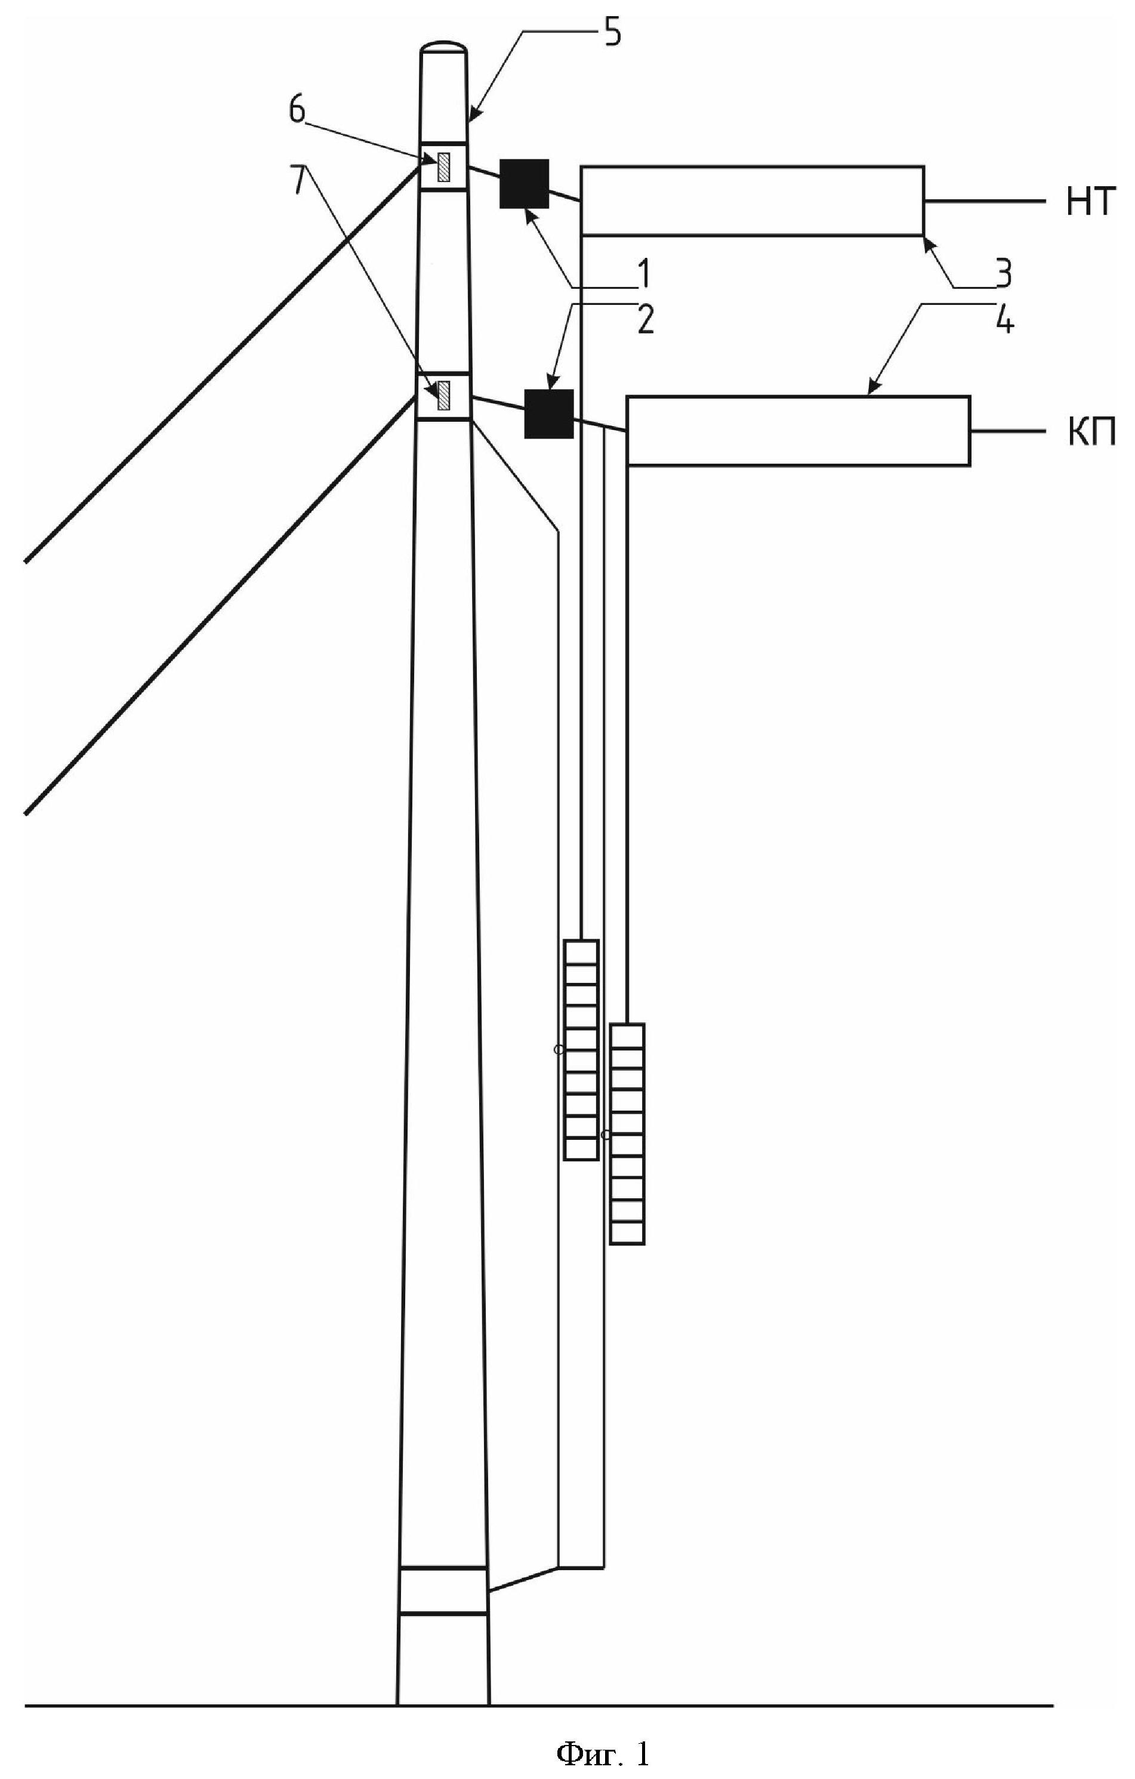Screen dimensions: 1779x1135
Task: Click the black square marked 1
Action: [x=524, y=183]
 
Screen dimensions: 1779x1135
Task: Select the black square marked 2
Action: [x=548, y=414]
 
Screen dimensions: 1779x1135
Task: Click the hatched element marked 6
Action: [x=443, y=167]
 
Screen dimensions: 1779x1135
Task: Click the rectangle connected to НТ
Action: [x=752, y=201]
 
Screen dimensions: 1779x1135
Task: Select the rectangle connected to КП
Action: [x=798, y=431]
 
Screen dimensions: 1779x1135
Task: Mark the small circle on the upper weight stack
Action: [x=559, y=1049]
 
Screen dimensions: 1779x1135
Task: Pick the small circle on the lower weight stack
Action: [x=605, y=1135]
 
